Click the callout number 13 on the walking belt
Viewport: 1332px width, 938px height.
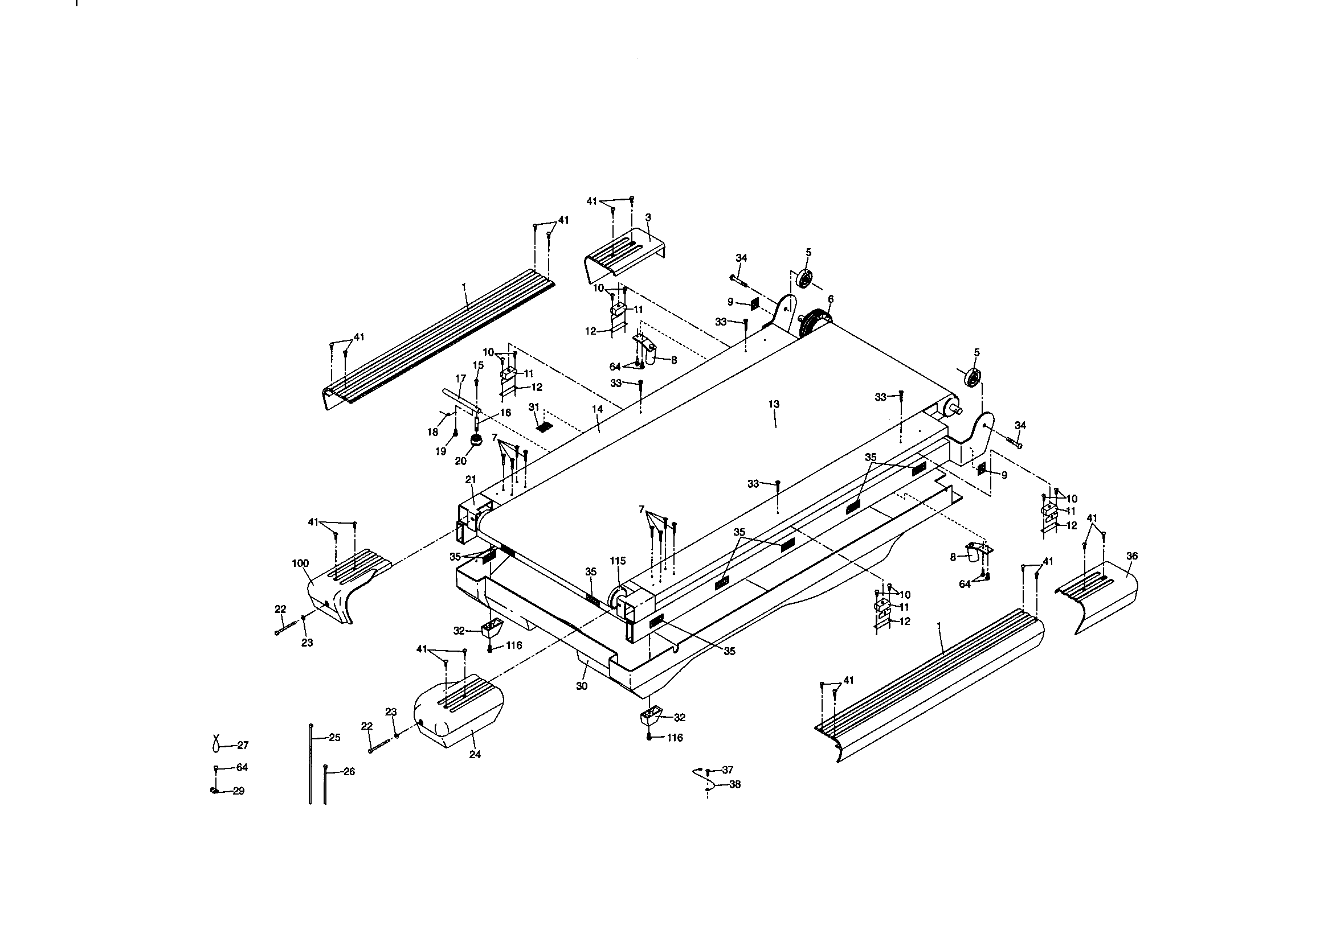point(773,404)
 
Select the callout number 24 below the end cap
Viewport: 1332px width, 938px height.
point(475,754)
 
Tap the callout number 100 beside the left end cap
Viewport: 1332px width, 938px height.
point(300,563)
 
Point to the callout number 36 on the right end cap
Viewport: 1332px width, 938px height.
point(1131,556)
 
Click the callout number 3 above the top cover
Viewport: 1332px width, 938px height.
point(648,217)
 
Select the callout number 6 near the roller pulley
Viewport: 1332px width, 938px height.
point(831,299)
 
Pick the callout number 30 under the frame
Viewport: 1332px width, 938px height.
point(582,686)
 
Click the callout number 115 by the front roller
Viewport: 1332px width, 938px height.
point(618,561)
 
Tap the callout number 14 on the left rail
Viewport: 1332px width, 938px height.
point(598,409)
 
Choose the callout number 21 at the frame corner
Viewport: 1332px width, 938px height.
point(471,479)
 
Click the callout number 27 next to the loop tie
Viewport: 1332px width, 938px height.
point(243,745)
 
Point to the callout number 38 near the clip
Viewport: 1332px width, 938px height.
point(734,784)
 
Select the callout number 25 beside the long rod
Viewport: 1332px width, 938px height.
point(334,738)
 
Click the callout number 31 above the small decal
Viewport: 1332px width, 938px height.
point(534,407)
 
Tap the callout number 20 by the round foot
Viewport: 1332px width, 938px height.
point(461,461)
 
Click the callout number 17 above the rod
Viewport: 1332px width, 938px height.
point(461,379)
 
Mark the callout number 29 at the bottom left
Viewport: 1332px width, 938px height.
point(239,791)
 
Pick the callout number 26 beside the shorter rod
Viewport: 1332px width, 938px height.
point(349,772)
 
